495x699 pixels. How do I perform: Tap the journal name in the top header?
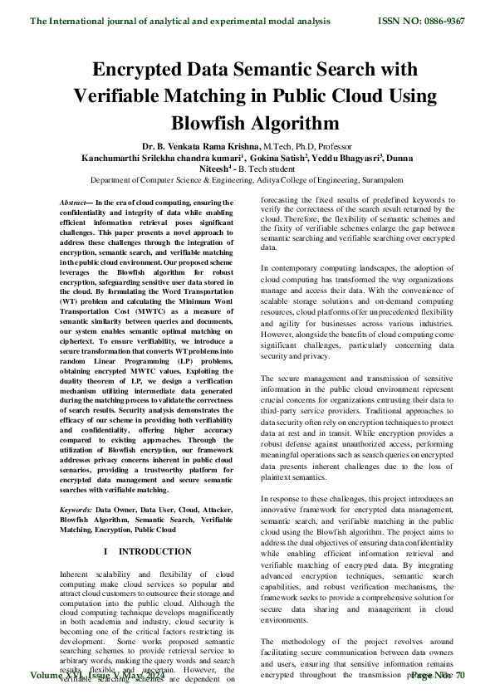click(180, 21)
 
